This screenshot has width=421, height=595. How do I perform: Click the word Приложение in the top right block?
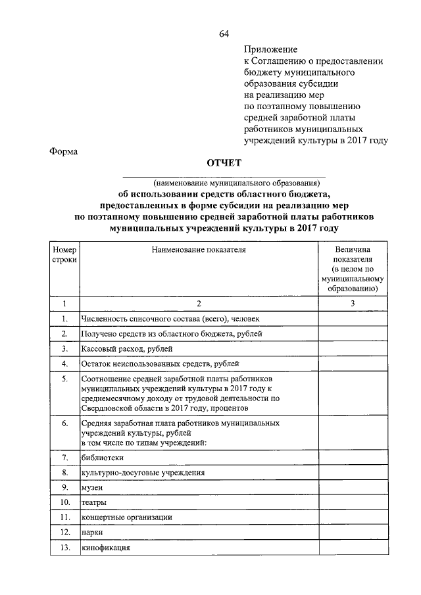click(x=270, y=49)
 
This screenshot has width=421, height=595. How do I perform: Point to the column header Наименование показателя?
click(x=198, y=250)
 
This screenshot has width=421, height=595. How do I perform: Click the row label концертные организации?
click(x=126, y=517)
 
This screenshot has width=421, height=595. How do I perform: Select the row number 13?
click(x=64, y=548)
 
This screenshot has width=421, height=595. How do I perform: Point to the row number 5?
click(x=64, y=379)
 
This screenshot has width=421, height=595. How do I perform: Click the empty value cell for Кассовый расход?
click(x=353, y=348)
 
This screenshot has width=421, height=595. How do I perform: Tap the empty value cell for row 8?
click(x=353, y=472)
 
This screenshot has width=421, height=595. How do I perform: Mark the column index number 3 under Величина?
click(x=353, y=303)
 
